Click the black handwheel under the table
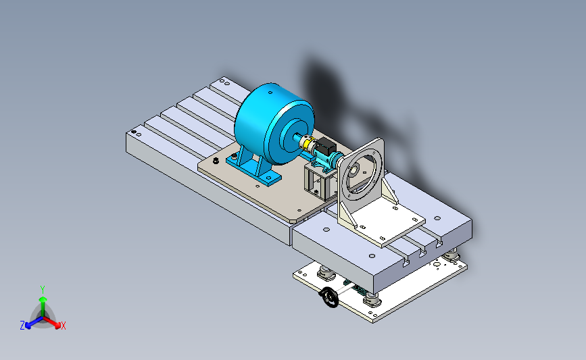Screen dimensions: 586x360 click(x=329, y=297)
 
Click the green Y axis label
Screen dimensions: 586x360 click(x=43, y=290)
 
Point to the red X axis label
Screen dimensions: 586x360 click(x=63, y=326)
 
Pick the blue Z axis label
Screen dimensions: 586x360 click(x=22, y=326)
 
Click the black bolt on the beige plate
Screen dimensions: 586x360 click(x=216, y=161)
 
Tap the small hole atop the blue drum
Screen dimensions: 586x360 click(x=270, y=93)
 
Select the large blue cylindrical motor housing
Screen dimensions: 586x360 click(x=274, y=123)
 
